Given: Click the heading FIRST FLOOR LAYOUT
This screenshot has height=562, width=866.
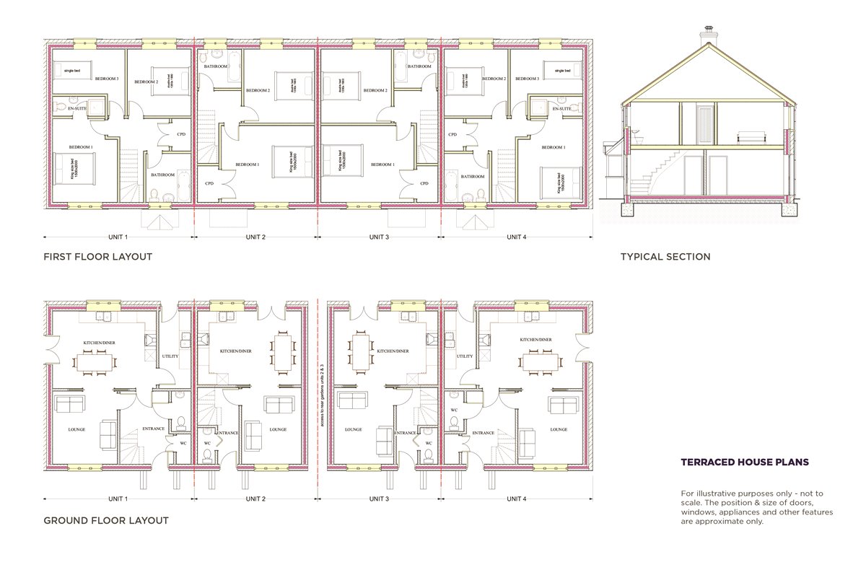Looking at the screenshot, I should click(x=97, y=257).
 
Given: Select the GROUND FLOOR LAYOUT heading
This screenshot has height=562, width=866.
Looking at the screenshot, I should click(x=106, y=520).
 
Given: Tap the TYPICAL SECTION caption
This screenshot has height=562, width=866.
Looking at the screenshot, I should click(x=665, y=257).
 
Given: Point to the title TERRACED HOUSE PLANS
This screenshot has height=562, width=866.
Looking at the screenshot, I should click(x=745, y=462).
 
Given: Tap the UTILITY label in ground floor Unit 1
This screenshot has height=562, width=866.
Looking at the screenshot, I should click(x=170, y=356).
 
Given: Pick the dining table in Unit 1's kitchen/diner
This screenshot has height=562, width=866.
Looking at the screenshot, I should click(x=95, y=359).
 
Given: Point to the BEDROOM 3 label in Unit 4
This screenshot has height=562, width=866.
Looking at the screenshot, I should click(x=529, y=79).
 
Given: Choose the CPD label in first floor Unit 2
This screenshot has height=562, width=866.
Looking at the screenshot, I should click(x=209, y=183).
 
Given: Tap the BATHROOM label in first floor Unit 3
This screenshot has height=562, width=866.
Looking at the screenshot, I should click(x=419, y=66).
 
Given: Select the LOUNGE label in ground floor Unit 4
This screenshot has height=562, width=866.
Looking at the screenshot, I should click(x=559, y=429).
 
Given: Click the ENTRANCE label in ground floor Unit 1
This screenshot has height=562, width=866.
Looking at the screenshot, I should click(x=153, y=429).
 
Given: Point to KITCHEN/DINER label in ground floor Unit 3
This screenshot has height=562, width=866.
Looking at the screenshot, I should click(x=393, y=351).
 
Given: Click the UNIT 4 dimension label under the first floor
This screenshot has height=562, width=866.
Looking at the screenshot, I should click(x=515, y=237).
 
